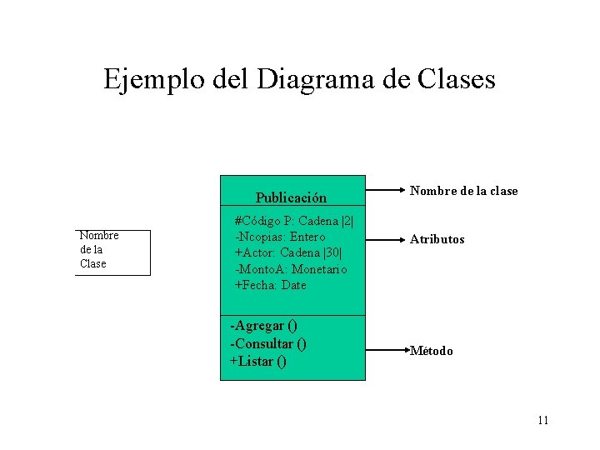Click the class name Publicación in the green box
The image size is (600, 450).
tap(291, 197)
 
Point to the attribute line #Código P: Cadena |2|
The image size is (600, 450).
tap(294, 221)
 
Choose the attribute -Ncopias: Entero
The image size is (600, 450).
tap(280, 237)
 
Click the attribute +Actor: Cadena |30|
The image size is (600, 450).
tap(289, 252)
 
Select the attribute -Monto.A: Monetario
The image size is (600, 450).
tap(291, 269)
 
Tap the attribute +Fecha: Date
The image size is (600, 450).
tap(270, 285)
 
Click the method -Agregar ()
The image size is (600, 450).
tap(263, 325)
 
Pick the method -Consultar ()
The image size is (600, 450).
tap(268, 343)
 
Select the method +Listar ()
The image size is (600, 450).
tap(258, 361)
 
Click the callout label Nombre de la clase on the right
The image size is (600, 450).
tap(463, 191)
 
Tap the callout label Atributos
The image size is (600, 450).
tap(437, 239)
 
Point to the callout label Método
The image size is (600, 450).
tap(432, 351)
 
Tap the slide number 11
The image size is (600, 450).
tap(542, 420)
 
